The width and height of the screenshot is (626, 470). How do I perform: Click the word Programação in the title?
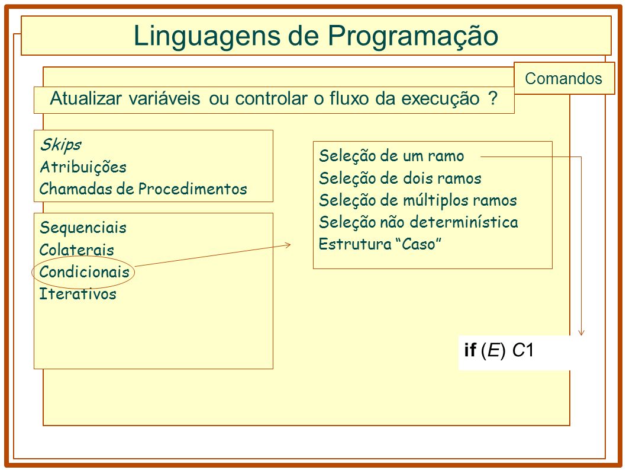click(x=413, y=36)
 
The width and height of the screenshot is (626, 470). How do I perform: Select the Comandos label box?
click(x=564, y=78)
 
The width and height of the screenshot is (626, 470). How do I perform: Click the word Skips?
click(x=61, y=145)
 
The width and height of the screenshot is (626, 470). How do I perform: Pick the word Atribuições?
click(x=83, y=167)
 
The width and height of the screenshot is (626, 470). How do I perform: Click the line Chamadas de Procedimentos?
click(x=143, y=189)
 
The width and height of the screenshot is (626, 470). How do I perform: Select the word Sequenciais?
click(x=83, y=228)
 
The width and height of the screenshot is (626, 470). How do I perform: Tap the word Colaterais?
click(x=77, y=250)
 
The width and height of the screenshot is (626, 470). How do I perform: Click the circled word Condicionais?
click(x=84, y=271)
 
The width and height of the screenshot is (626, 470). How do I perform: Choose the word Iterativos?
click(x=78, y=293)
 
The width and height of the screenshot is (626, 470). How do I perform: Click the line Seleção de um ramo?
click(x=392, y=156)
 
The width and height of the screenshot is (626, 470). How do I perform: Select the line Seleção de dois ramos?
click(x=400, y=178)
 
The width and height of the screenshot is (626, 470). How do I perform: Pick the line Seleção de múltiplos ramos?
click(x=418, y=200)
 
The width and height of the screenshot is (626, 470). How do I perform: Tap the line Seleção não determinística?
click(x=418, y=222)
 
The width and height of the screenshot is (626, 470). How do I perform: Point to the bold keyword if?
click(x=470, y=350)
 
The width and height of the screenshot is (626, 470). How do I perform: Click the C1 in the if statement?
click(x=523, y=350)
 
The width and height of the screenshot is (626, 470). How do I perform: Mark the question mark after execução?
click(x=493, y=98)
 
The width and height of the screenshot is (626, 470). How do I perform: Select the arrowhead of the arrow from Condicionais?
click(x=288, y=245)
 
